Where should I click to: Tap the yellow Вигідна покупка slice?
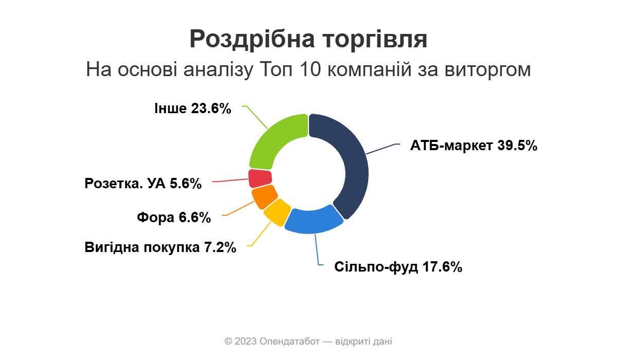coord(276,213)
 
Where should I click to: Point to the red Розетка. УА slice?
coord(260,178)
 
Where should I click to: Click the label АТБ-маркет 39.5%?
coord(474,146)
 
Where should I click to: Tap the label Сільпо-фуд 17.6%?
coord(398,267)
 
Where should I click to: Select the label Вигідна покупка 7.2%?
coord(160,247)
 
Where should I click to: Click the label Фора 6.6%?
coord(174,218)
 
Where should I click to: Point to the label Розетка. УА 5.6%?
coord(143,184)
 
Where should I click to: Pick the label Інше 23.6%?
coord(193,109)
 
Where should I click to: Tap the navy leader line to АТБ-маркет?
coord(383,149)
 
